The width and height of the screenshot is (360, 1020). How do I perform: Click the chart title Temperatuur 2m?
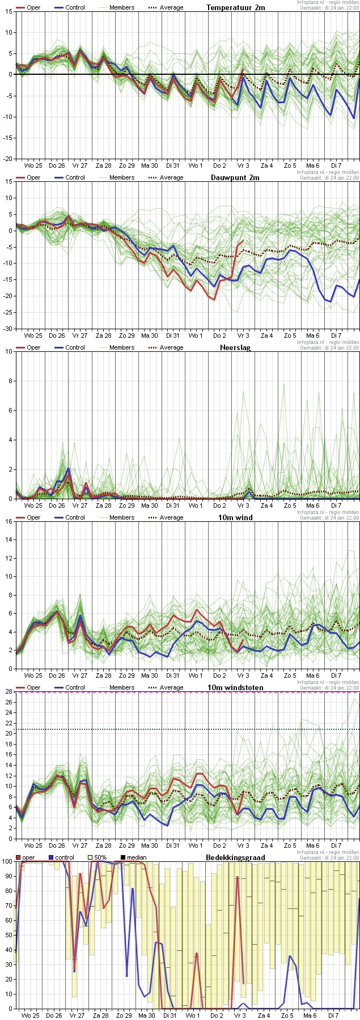pos(235,7)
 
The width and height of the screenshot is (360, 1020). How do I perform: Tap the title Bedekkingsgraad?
pos(235,857)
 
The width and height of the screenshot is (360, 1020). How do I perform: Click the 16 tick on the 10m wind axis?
pos(9,521)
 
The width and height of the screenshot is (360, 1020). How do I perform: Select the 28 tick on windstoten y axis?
pos(9,691)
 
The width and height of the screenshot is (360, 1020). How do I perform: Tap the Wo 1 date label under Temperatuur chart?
pos(195,165)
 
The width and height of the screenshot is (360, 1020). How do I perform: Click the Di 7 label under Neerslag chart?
pos(336,505)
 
